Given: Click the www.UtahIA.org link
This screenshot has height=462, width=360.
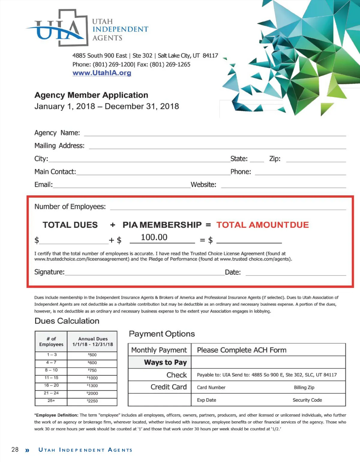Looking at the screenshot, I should click(x=102, y=73).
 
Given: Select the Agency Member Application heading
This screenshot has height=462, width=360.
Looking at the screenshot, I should click(x=91, y=95).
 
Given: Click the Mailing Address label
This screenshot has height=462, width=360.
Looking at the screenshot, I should click(x=59, y=146).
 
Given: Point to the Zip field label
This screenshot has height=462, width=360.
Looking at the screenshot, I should click(x=275, y=159).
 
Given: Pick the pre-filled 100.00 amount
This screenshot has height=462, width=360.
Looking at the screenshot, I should click(x=154, y=237).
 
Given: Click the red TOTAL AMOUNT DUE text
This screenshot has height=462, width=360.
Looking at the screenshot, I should click(x=262, y=225).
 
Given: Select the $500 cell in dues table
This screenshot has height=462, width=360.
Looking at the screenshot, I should click(x=92, y=355).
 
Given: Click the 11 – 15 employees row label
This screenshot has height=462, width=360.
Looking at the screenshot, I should click(x=51, y=378).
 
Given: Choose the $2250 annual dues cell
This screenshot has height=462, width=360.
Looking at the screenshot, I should click(x=92, y=401).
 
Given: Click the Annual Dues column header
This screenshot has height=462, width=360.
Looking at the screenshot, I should click(x=92, y=341).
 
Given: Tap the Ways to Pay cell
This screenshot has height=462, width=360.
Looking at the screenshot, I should click(x=165, y=362).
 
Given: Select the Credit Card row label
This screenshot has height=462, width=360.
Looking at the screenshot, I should click(x=169, y=387).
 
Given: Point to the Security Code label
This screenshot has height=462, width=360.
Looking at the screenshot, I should click(x=307, y=400).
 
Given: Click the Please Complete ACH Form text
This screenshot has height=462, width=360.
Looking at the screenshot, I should click(x=241, y=350).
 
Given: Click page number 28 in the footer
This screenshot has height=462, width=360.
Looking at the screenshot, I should click(x=15, y=449).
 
